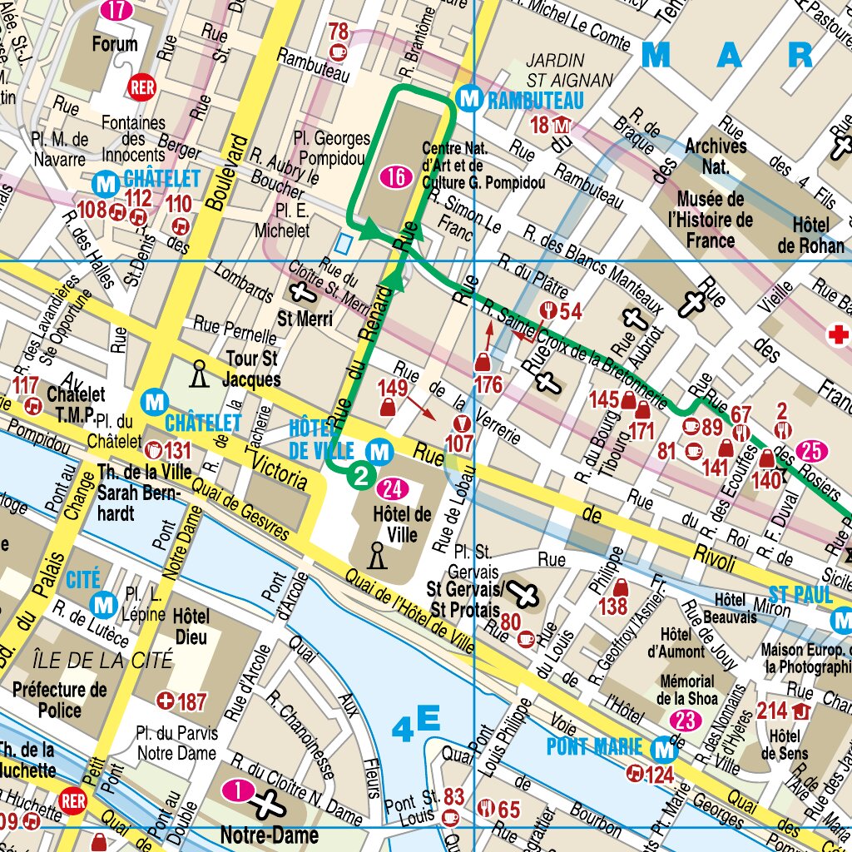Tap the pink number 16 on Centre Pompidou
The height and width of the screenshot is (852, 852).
(x=397, y=176)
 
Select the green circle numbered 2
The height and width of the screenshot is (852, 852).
(x=361, y=476)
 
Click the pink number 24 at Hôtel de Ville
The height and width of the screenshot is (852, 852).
(x=393, y=488)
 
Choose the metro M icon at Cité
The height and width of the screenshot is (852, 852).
(x=105, y=603)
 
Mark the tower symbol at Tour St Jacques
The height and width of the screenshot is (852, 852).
(x=198, y=374)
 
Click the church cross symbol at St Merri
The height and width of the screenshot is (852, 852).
(x=301, y=292)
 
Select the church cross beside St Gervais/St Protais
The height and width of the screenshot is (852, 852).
(x=525, y=594)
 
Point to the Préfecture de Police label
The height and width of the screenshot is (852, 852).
(x=60, y=700)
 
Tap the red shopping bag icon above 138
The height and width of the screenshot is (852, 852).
(x=620, y=587)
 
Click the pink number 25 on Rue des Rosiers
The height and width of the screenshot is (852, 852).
(x=812, y=452)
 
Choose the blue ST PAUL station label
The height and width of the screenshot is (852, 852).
(x=800, y=595)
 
